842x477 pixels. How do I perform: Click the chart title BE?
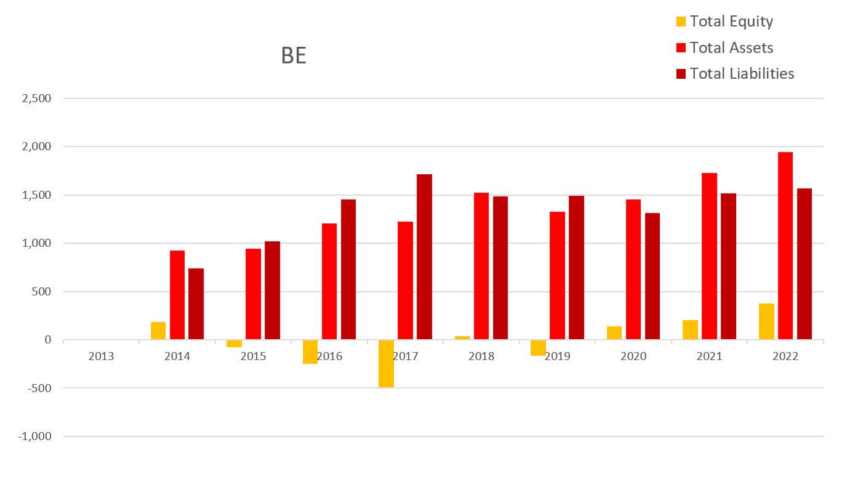294,55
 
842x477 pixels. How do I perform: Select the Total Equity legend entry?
731,22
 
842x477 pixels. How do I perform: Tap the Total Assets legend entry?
731,47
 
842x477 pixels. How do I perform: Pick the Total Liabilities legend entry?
741,74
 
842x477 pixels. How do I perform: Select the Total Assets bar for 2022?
785,246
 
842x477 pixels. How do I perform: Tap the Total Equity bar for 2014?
158,331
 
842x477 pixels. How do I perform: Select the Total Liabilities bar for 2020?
652,276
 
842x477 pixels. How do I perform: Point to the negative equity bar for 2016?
310,351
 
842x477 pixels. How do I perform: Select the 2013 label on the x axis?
101,356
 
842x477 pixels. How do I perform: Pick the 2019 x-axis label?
557,356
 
